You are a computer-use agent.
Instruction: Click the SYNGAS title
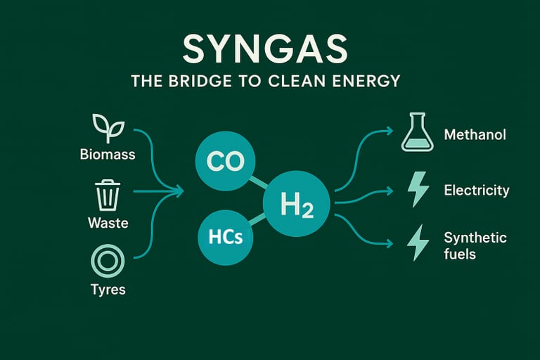[x=265, y=49]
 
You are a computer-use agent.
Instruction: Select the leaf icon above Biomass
[x=108, y=129]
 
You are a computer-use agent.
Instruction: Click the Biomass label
[x=108, y=153]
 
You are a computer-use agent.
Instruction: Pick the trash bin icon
[x=108, y=195]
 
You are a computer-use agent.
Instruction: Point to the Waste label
[x=108, y=222]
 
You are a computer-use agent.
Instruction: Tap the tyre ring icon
[x=108, y=262]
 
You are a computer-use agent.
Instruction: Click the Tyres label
[x=108, y=289]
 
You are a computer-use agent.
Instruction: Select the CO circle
[x=225, y=162]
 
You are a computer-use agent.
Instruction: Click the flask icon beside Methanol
[x=417, y=133]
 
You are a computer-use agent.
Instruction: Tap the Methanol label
[x=475, y=134]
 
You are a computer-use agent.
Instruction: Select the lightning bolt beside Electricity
[x=418, y=189]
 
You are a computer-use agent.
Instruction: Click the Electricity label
[x=477, y=190]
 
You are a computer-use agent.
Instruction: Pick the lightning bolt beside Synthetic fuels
[x=418, y=243]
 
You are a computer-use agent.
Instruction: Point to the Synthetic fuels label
[x=475, y=245]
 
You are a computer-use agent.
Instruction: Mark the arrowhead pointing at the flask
[x=389, y=131]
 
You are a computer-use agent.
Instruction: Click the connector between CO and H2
[x=257, y=182]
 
